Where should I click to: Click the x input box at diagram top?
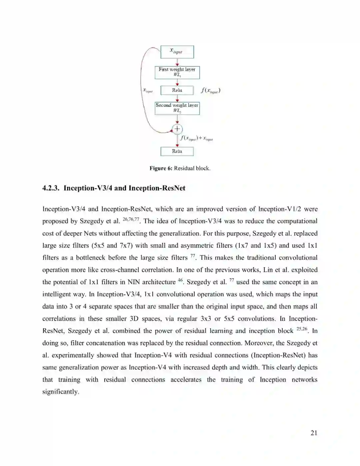pyautogui.click(x=177, y=52)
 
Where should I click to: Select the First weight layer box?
pyautogui.click(x=177, y=72)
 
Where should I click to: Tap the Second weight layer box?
pyautogui.click(x=177, y=108)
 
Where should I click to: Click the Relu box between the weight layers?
pyautogui.click(x=177, y=90)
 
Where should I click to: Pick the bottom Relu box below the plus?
pyautogui.click(x=177, y=151)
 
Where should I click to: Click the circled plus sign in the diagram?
pyautogui.click(x=177, y=129)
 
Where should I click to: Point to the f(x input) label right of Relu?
pyautogui.click(x=210, y=90)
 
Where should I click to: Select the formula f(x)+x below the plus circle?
pyautogui.click(x=196, y=138)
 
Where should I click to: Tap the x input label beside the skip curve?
pyautogui.click(x=148, y=90)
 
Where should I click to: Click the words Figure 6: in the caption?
pyautogui.click(x=161, y=168)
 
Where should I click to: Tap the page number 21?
pyautogui.click(x=314, y=433)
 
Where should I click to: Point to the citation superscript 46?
pyautogui.click(x=180, y=280)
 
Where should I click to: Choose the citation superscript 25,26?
pyautogui.click(x=302, y=329)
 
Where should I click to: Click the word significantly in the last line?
pyautogui.click(x=60, y=392)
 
